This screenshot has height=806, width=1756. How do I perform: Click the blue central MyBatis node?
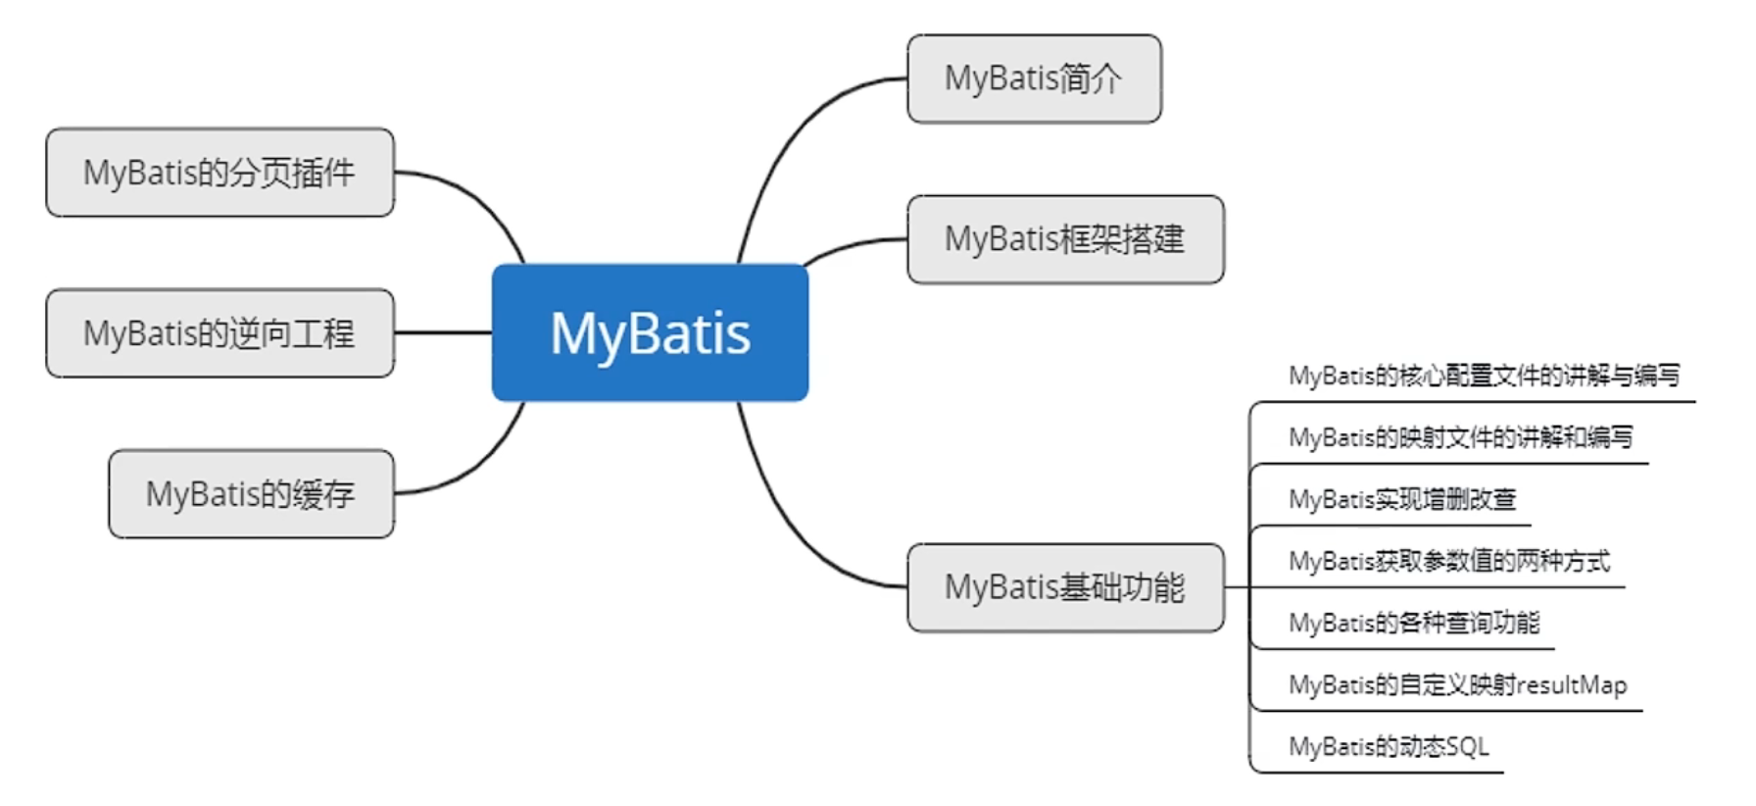(650, 332)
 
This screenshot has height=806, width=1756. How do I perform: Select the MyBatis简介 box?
(1034, 78)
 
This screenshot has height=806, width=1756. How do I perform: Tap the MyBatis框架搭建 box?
(1065, 239)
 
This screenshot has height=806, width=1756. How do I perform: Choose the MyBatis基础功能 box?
(1065, 587)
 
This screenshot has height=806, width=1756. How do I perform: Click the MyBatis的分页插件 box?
(219, 173)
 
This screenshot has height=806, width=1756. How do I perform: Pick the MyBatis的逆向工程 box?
(219, 333)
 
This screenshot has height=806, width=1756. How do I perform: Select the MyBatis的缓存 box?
(251, 494)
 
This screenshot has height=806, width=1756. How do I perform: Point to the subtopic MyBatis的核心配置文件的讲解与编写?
(1484, 376)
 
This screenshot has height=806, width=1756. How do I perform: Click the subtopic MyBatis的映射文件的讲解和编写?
(1460, 437)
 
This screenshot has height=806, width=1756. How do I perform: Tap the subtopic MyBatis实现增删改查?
(1402, 499)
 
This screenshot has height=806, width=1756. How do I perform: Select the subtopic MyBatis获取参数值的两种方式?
(1448, 561)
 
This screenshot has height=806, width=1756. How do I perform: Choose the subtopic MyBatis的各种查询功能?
(1414, 623)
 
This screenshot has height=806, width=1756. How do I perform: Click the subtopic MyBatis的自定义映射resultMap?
(1457, 684)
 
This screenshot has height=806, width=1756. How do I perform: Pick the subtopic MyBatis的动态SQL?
(1389, 746)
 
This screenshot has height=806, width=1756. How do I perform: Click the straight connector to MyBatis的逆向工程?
(443, 333)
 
